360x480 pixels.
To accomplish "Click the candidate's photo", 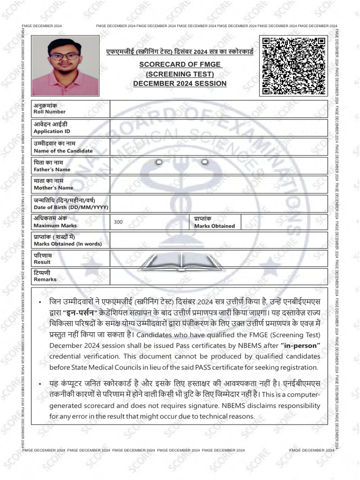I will tap(65, 66).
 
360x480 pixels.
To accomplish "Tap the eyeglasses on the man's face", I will tap(65, 56).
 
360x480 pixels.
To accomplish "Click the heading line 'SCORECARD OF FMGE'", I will tap(180, 64).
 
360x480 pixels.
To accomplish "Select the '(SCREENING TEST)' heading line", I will tap(180, 74).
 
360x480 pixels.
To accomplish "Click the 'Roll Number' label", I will tap(50, 112).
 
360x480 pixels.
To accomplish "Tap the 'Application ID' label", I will tap(52, 132).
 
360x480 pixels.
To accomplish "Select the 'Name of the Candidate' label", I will tap(63, 151).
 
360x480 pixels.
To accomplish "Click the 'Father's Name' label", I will tap(52, 170).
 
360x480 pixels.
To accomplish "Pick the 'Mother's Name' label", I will tap(53, 188).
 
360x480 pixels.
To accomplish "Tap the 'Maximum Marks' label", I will tap(55, 226).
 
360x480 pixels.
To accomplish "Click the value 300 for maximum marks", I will tap(118, 222).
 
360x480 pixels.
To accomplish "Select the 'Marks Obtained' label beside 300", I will tap(215, 226).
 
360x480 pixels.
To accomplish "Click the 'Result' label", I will tap(42, 262).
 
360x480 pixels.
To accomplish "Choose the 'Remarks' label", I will tap(45, 280).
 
